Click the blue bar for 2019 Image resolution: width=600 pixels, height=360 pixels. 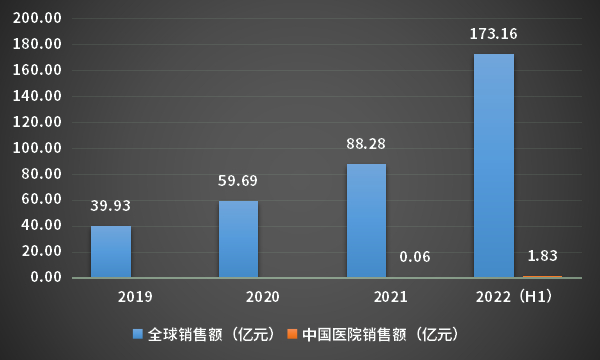tap(110, 251)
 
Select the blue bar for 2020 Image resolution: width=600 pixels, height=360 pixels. tap(238, 239)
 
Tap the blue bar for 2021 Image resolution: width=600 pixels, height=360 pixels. tap(366, 220)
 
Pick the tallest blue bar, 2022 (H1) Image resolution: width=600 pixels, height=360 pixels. tap(493, 165)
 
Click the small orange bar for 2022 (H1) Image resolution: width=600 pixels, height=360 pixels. tap(542, 275)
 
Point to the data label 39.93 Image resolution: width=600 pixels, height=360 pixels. tap(110, 206)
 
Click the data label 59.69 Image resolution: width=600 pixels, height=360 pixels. tap(238, 181)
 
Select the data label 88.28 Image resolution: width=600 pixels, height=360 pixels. tap(366, 144)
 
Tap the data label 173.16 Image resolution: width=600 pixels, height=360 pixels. tap(493, 34)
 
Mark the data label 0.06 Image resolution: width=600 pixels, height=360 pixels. tap(415, 257)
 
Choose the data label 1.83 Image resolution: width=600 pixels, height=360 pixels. tap(542, 255)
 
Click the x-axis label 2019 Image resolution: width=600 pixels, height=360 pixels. tap(135, 297)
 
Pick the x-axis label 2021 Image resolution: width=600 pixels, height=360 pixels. tap(390, 297)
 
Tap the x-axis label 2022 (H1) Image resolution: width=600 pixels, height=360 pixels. tap(517, 297)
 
